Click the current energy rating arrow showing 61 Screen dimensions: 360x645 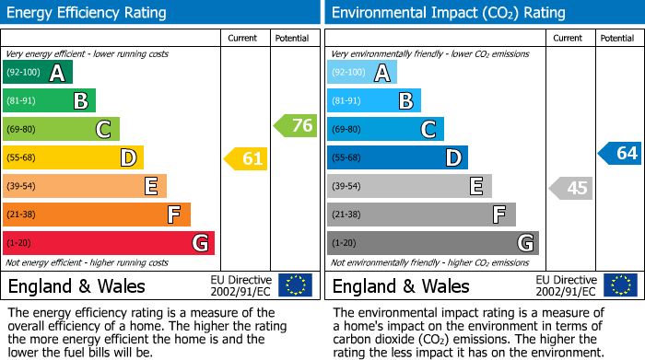(x=246, y=159)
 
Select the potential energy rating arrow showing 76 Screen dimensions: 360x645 (x=296, y=126)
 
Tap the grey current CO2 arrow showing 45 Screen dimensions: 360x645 (x=570, y=189)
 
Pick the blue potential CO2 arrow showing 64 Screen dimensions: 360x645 (x=620, y=154)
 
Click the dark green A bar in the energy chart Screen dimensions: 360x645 (x=38, y=73)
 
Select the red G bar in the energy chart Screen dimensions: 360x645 (x=109, y=243)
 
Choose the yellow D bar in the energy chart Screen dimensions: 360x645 (x=73, y=158)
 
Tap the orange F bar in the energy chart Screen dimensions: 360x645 (x=97, y=215)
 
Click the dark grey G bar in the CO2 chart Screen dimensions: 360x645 (x=433, y=243)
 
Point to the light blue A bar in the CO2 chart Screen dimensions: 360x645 (x=362, y=73)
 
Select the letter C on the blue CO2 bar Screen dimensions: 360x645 (x=428, y=130)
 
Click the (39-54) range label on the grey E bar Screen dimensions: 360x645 (x=347, y=187)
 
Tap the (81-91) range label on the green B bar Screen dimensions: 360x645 (x=22, y=101)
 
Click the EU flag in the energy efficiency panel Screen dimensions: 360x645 (x=296, y=285)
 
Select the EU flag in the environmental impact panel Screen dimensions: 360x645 (x=620, y=285)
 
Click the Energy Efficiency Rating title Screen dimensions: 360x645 (x=88, y=13)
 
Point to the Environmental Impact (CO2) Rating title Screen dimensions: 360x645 (x=448, y=13)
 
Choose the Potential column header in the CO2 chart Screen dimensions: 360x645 (x=617, y=38)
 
